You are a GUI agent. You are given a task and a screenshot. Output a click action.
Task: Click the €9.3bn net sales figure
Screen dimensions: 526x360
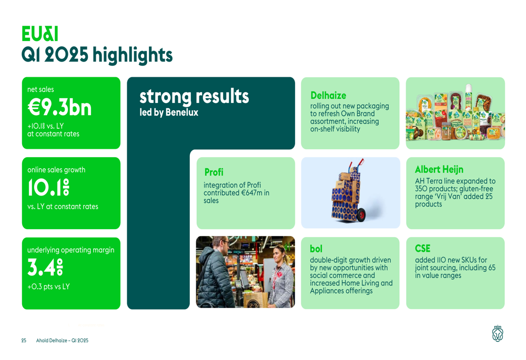tap(59, 107)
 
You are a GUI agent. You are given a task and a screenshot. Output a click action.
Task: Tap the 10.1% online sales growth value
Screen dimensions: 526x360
tap(48, 187)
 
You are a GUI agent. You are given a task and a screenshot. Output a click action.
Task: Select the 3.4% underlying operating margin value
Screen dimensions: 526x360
tap(45, 267)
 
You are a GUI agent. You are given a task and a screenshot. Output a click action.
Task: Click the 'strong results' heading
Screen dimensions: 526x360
tap(194, 97)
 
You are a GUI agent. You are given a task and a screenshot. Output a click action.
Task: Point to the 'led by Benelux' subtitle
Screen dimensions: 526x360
tap(169, 112)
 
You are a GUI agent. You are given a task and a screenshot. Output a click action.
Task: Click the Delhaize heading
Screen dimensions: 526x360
tap(328, 96)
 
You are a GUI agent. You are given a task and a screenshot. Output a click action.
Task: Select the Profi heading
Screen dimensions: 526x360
tap(214, 172)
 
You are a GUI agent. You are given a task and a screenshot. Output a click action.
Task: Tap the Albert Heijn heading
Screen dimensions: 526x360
tap(439, 170)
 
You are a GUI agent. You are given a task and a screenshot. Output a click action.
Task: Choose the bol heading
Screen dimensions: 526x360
tap(316, 249)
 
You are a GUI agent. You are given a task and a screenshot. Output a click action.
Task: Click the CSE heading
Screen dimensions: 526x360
tap(422, 249)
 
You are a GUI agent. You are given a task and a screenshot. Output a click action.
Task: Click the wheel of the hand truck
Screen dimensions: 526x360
tap(361, 215)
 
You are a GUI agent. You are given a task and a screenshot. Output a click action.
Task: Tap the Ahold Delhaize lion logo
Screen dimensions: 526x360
tap(498, 334)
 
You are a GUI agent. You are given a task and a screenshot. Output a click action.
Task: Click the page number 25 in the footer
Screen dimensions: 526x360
tap(24, 340)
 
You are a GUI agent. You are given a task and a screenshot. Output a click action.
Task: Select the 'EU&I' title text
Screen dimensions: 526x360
tap(40, 34)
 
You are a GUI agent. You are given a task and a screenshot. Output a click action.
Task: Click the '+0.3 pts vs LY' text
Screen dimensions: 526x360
tap(48, 286)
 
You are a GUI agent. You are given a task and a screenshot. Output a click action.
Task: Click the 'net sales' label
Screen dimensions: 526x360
tap(41, 89)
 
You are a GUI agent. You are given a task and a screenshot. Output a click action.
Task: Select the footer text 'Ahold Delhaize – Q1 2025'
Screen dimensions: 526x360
tap(63, 340)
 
